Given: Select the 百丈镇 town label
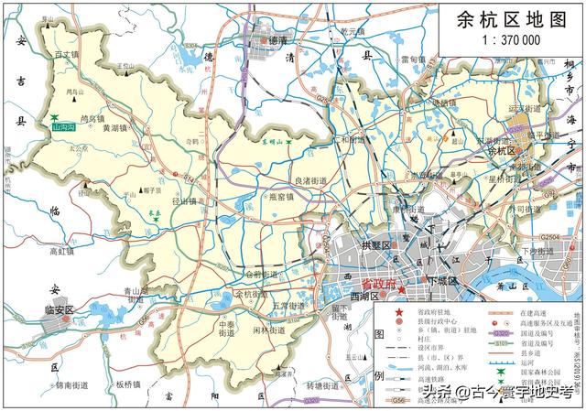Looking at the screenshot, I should pyautogui.click(x=68, y=55).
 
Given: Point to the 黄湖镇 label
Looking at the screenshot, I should pyautogui.click(x=118, y=128).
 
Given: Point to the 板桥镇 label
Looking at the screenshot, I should pyautogui.click(x=136, y=385).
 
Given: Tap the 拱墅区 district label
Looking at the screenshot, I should pyautogui.click(x=375, y=246).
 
